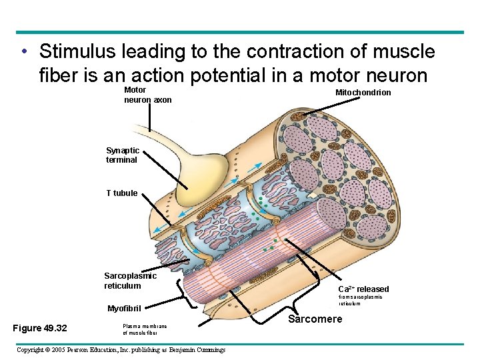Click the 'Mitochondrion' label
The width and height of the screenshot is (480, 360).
tap(363, 92)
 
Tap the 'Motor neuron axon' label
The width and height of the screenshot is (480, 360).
tap(147, 95)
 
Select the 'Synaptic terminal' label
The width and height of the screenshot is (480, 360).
tap(122, 155)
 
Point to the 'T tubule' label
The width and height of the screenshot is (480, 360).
tap(121, 193)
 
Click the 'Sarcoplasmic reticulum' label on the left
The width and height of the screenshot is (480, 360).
tap(130, 281)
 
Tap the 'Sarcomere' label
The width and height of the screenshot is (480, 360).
tap(315, 319)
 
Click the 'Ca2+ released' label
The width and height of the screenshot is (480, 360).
tap(363, 289)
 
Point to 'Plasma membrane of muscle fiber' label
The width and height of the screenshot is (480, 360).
tap(145, 329)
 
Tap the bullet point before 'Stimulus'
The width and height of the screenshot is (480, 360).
tap(23, 51)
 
